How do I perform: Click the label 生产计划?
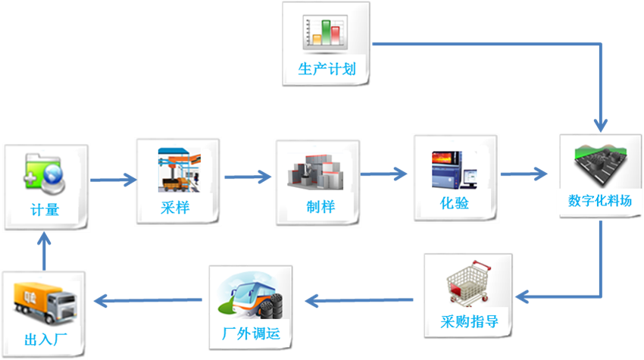point(327,71)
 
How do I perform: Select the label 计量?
point(45,210)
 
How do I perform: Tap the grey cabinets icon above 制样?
point(319,171)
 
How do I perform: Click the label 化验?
point(455,204)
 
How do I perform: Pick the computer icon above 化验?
point(455,168)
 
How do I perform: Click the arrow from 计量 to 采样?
point(113,180)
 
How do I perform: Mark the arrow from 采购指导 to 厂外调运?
point(359,301)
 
